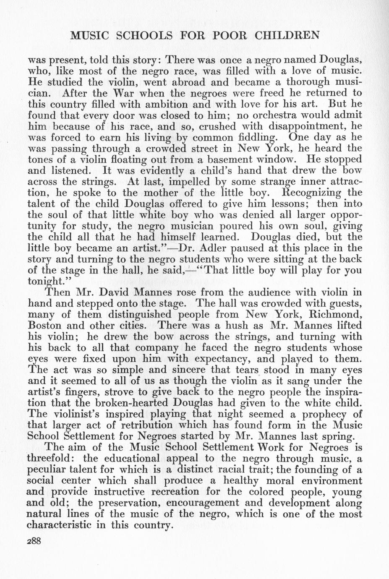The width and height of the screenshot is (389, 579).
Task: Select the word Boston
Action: [44, 325]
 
